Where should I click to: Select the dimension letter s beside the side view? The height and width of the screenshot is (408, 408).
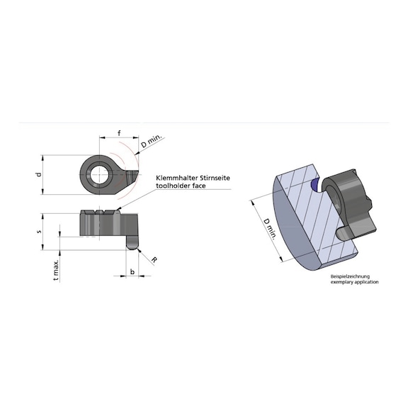(x=40, y=230)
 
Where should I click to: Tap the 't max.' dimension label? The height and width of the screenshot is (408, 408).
(x=55, y=268)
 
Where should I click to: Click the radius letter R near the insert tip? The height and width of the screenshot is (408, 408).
(x=153, y=261)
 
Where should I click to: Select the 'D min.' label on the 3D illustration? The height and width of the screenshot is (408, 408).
(x=268, y=227)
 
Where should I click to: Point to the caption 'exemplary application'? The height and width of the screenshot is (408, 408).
(x=354, y=282)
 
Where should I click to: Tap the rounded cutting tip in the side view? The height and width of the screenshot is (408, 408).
(x=132, y=244)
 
